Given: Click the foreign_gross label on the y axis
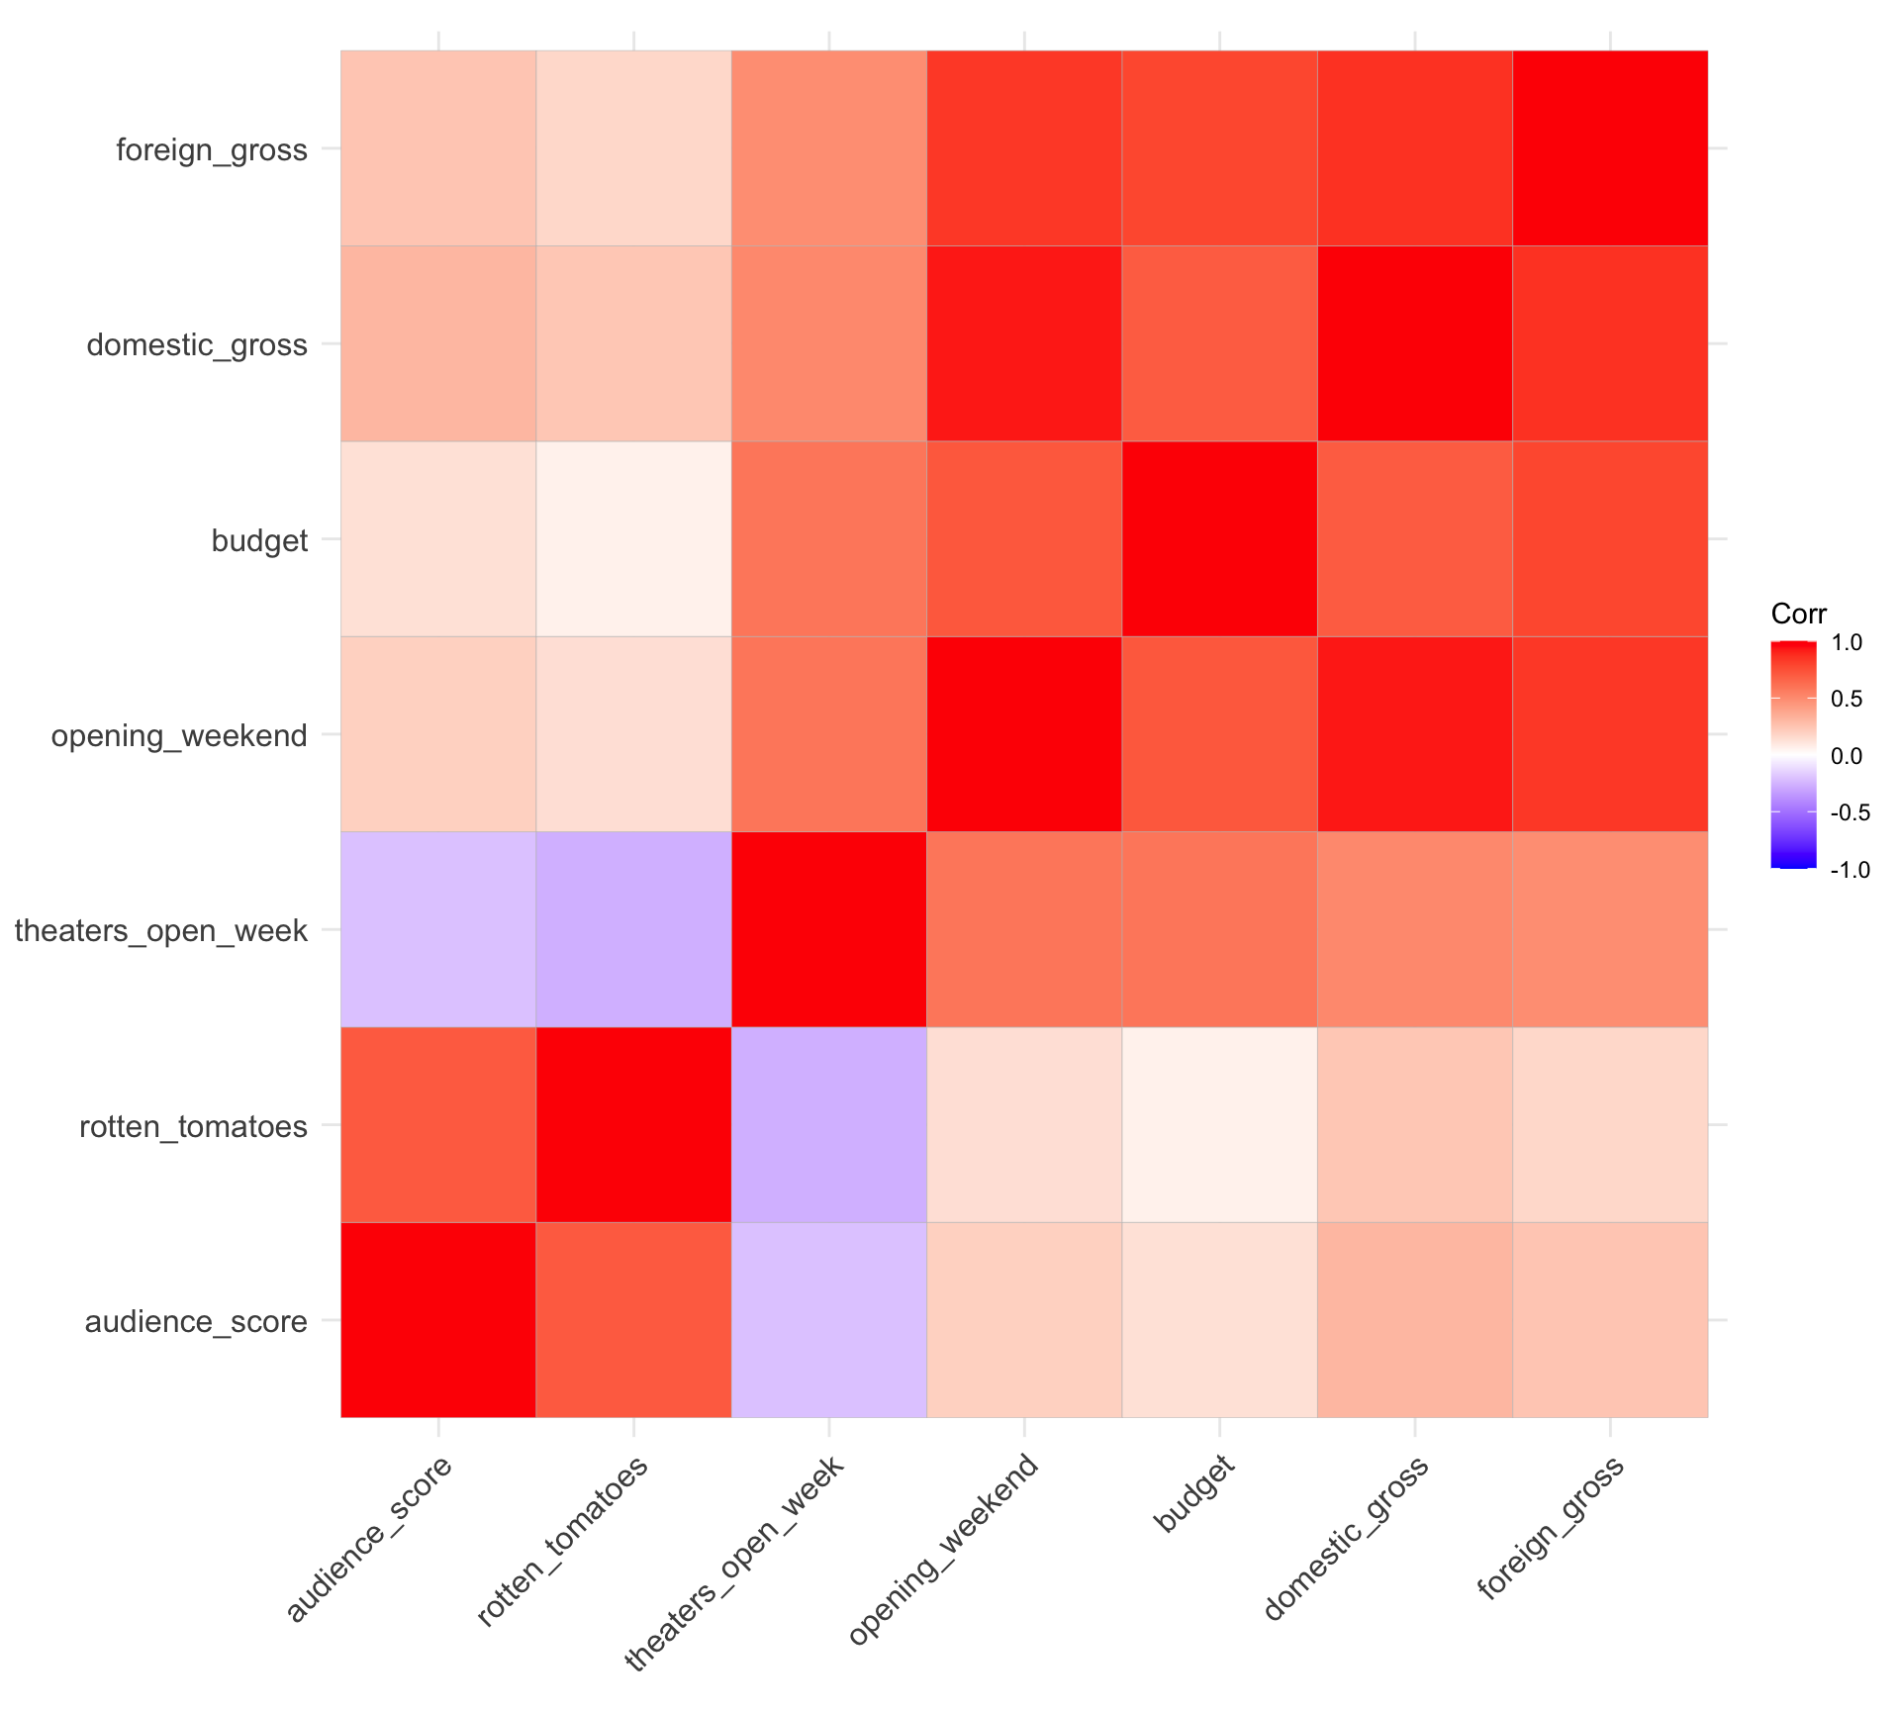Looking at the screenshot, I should pos(212,150).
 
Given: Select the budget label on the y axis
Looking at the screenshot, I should pos(259,541).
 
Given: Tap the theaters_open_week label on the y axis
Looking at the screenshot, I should pos(161,931).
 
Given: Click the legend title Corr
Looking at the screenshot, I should pos(1798,614).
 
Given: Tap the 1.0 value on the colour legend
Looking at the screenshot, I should pos(1847,643).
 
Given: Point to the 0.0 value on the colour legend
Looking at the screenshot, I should pos(1847,756).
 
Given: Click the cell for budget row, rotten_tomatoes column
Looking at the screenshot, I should pos(633,538).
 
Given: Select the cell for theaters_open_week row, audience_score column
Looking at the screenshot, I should pos(438,929).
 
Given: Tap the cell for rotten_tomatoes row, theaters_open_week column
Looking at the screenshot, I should pos(828,1124).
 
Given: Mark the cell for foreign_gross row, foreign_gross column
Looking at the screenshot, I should pos(1610,147).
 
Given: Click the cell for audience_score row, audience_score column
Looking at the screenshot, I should pos(438,1319).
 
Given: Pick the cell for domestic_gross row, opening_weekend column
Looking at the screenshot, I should pos(1024,342).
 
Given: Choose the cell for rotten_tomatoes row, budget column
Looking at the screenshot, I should pos(1219,1124).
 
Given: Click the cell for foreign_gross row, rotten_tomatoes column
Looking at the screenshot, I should pos(633,147).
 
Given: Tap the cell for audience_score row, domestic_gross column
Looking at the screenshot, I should pos(1415,1319).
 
